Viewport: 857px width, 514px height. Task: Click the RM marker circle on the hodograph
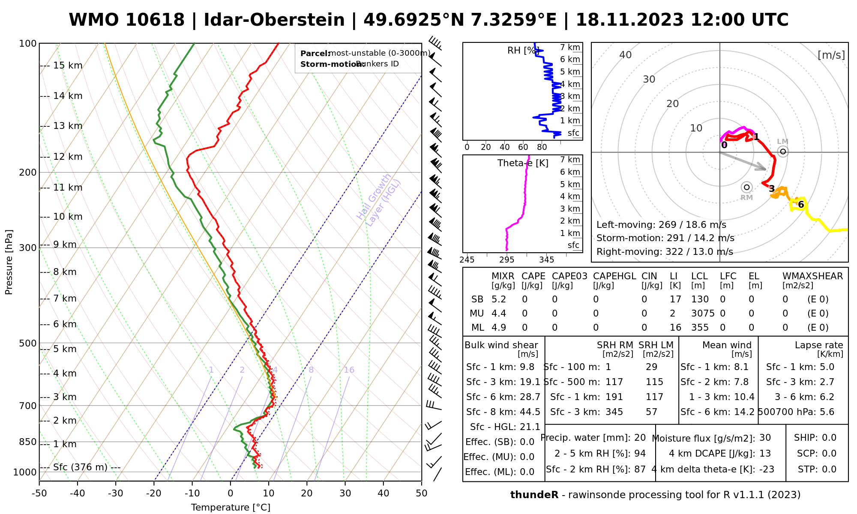point(747,187)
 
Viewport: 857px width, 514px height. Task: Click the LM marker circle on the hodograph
point(783,151)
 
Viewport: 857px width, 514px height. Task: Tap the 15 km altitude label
point(68,66)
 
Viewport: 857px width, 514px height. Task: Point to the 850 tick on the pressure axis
point(28,442)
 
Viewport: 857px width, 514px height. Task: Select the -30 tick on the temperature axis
point(116,493)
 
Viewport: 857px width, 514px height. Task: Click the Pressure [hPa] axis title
point(9,262)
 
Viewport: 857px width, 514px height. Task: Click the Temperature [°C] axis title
point(231,508)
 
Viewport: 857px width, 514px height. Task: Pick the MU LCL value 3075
point(703,314)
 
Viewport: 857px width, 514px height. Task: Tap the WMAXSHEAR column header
point(812,276)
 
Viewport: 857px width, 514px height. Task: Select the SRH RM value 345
point(614,412)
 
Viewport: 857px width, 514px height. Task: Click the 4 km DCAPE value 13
point(765,454)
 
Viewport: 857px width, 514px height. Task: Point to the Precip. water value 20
point(640,438)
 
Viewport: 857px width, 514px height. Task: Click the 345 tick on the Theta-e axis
point(546,260)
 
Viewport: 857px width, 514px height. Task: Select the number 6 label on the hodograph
point(801,205)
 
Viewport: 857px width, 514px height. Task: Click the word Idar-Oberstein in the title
point(274,20)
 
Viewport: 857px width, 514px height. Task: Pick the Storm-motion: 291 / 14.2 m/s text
point(665,238)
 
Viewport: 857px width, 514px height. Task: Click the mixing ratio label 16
point(349,370)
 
